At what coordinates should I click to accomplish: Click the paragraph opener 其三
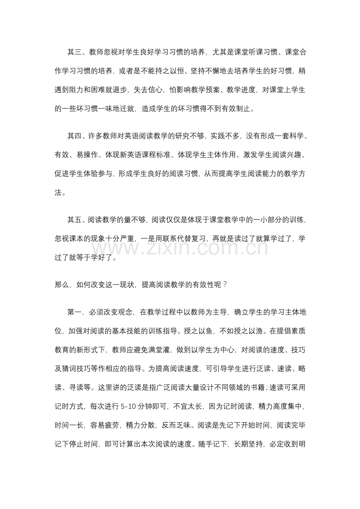click(x=74, y=52)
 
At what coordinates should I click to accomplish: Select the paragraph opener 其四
click(x=74, y=136)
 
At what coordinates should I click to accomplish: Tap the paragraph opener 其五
click(x=74, y=220)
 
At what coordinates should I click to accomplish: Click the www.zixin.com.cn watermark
click(x=180, y=248)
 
